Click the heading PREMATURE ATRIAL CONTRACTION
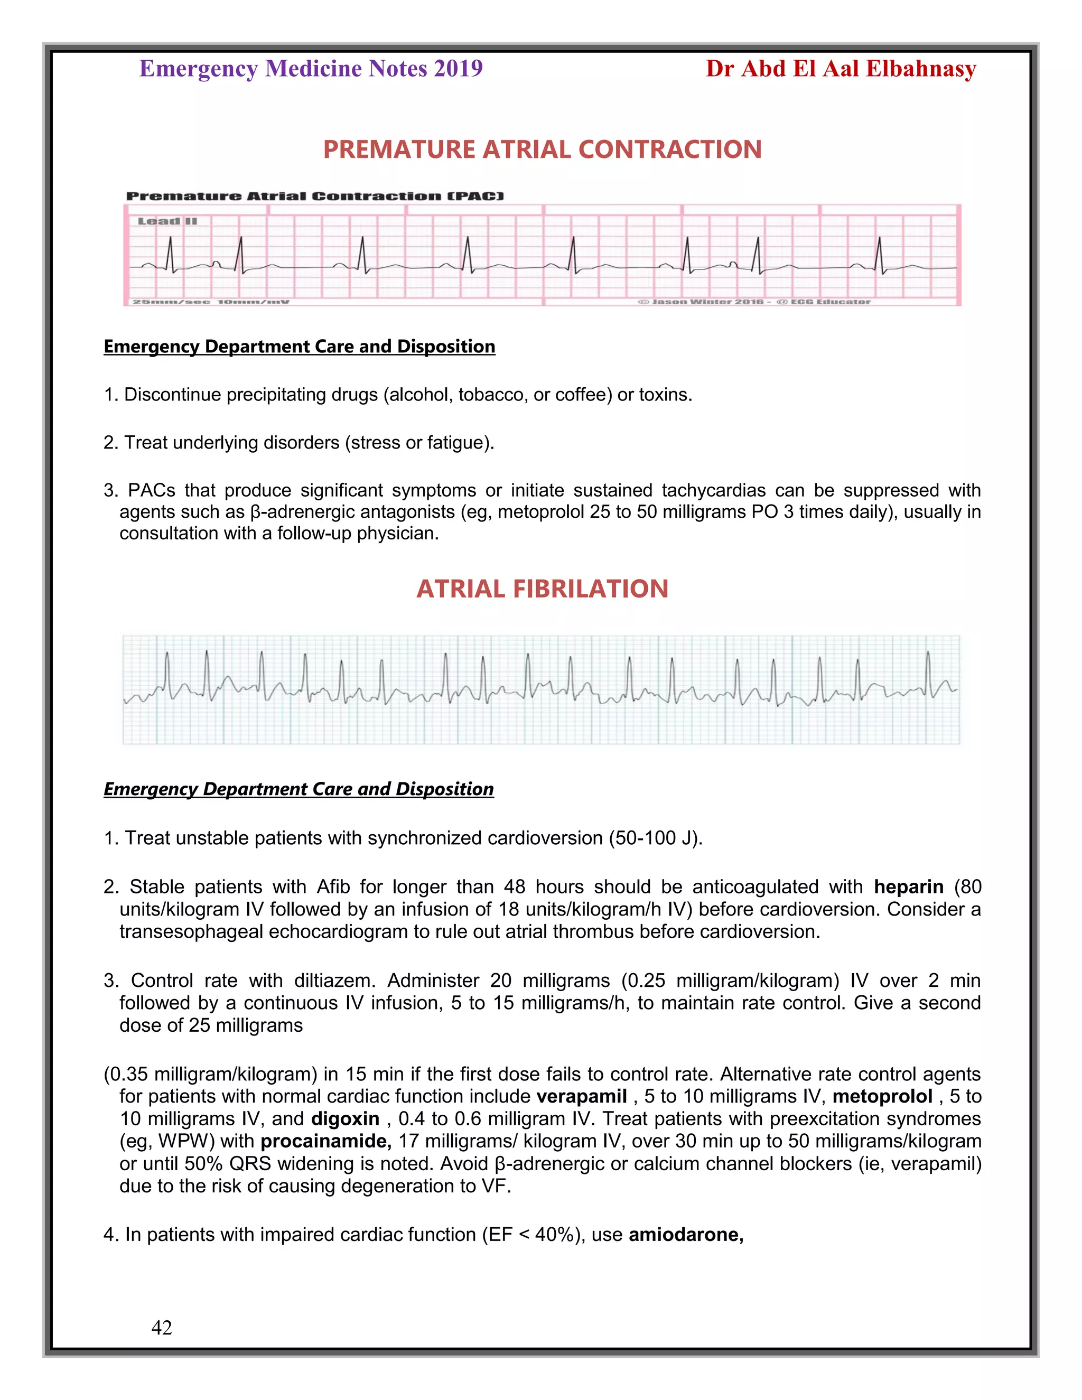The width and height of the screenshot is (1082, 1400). [542, 150]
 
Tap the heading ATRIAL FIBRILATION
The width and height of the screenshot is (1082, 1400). [542, 589]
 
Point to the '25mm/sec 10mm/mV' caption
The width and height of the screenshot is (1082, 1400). [210, 301]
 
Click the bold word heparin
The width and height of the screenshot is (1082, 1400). [908, 887]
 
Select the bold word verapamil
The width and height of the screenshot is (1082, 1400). [581, 1096]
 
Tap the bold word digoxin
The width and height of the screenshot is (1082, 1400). [346, 1118]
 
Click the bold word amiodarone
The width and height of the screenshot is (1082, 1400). [685, 1235]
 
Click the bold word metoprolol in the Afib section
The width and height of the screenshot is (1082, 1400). [882, 1096]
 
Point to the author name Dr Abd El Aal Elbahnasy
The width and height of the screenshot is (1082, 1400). [841, 69]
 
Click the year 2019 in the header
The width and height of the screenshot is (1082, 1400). [458, 69]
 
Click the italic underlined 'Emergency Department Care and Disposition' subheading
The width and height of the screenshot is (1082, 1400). [299, 789]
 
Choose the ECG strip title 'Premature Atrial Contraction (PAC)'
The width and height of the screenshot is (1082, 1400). [315, 196]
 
